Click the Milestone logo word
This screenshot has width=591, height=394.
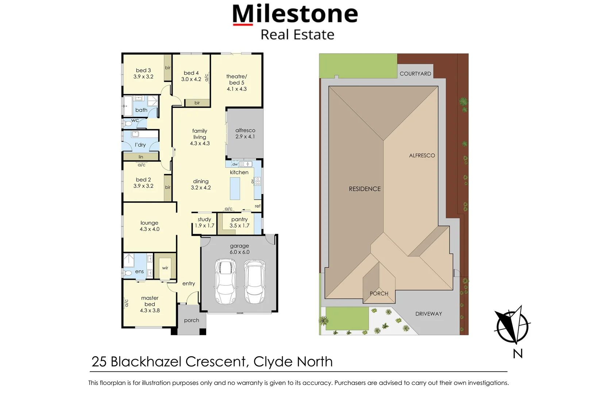295,14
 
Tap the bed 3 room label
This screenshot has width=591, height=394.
143,70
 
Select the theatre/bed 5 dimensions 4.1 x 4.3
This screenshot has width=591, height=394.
237,89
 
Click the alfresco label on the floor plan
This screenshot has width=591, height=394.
245,130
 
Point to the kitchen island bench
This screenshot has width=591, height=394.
235,188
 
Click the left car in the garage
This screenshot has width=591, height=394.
225,281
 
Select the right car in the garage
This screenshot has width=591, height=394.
255,281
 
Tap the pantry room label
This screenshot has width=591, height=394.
239,219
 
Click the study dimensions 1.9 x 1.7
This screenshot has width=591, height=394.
204,226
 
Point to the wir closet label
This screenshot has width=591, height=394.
165,268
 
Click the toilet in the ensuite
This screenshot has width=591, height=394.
128,273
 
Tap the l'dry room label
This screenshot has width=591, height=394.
140,145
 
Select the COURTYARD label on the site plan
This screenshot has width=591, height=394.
415,74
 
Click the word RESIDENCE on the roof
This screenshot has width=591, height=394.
364,189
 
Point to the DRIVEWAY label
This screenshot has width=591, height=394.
429,314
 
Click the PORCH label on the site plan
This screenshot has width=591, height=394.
379,294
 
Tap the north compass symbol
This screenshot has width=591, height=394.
512,325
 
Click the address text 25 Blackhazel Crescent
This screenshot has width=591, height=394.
170,362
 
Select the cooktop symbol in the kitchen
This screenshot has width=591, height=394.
258,181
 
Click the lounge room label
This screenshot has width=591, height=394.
149,223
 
